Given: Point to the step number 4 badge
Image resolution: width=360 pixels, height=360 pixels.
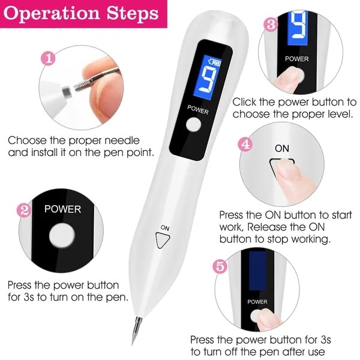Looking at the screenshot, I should tap(245, 145).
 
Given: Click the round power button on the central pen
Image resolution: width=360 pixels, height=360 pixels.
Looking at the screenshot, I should tap(193, 124).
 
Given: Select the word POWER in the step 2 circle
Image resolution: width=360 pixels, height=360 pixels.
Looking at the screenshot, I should tap(62, 210).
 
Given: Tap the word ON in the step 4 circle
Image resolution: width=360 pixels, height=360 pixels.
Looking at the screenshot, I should tap(282, 147).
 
